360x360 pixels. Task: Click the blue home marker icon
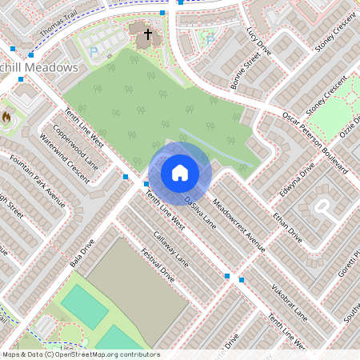(x=179, y=173)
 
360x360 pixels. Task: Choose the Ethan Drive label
(x=286, y=228)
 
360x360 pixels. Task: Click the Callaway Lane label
(x=170, y=249)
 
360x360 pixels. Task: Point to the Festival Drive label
(x=157, y=265)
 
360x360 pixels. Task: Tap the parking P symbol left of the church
(x=94, y=52)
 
